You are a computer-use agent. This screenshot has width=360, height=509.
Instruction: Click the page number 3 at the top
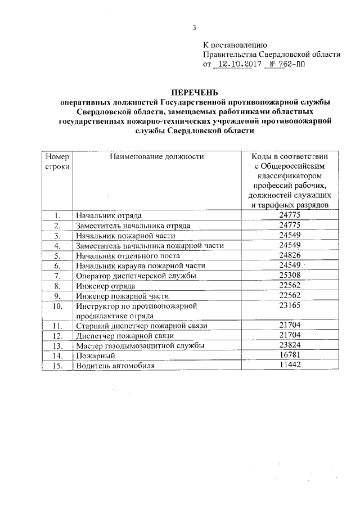click(x=194, y=28)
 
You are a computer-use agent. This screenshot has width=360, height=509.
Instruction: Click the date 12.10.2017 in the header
click(x=238, y=64)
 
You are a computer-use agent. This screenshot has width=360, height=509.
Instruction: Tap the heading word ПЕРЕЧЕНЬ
click(x=194, y=92)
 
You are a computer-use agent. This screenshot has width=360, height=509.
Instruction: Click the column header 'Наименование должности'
click(x=157, y=157)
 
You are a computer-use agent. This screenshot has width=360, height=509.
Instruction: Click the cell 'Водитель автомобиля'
click(x=115, y=366)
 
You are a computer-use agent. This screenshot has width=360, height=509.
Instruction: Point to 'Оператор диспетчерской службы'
click(x=136, y=276)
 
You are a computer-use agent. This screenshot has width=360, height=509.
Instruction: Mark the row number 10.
click(x=57, y=306)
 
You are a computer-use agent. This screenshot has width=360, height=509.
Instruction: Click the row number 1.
click(x=57, y=215)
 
